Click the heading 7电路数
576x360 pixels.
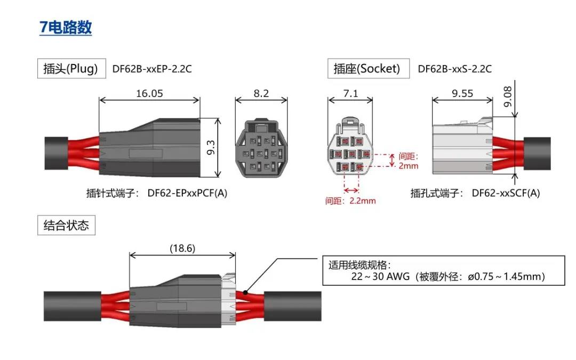coord(66,27)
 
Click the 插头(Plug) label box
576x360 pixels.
coord(70,69)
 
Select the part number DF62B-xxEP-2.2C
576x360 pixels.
coord(151,69)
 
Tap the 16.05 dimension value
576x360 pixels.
coord(149,93)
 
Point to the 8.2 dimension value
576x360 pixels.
coord(261,93)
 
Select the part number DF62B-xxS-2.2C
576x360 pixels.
coord(454,69)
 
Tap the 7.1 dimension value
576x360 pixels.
coord(350,93)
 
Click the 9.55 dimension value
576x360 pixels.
coord(462,93)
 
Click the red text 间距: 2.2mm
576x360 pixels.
coord(350,201)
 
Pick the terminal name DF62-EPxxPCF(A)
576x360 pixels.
coord(187,193)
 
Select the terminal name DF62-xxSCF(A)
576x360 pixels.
coord(506,193)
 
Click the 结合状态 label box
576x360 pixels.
coord(66,225)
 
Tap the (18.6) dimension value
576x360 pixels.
coord(182,248)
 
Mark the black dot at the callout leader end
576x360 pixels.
coord(245,292)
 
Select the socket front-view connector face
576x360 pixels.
coord(350,148)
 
